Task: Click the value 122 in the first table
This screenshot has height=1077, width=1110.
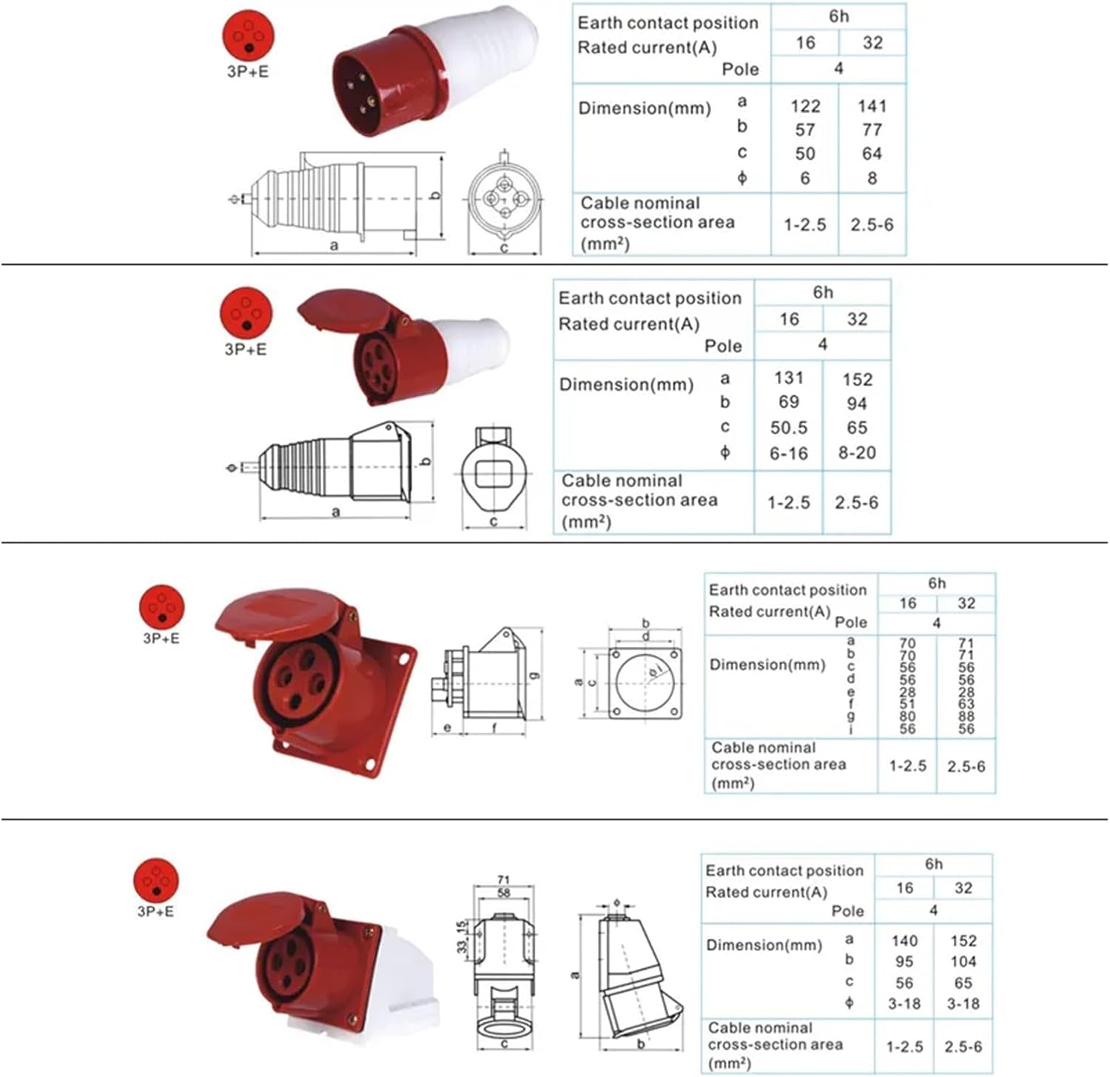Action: pos(805,107)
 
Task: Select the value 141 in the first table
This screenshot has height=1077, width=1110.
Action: pos(872,107)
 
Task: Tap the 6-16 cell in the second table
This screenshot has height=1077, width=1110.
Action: pos(788,453)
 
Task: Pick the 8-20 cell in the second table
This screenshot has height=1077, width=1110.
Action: pos(856,453)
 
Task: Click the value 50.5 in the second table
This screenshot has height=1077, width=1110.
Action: pos(788,428)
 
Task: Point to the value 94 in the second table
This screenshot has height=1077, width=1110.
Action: pos(856,403)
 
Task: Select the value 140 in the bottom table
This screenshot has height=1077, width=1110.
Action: pos(904,941)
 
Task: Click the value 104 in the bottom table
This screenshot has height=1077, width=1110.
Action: pos(963,962)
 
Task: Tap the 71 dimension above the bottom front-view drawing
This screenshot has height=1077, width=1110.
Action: pos(503,880)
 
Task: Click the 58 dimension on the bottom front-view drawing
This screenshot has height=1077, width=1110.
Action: pos(503,893)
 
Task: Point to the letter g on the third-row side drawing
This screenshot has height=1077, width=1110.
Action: pos(534,674)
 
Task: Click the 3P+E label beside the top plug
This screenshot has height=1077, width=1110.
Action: pos(248,72)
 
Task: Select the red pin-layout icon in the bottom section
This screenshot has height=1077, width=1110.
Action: pos(156,880)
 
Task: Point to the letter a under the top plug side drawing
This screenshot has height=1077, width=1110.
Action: pos(334,246)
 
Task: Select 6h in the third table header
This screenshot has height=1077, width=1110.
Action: pos(936,583)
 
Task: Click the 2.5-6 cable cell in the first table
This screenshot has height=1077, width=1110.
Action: pos(872,224)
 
